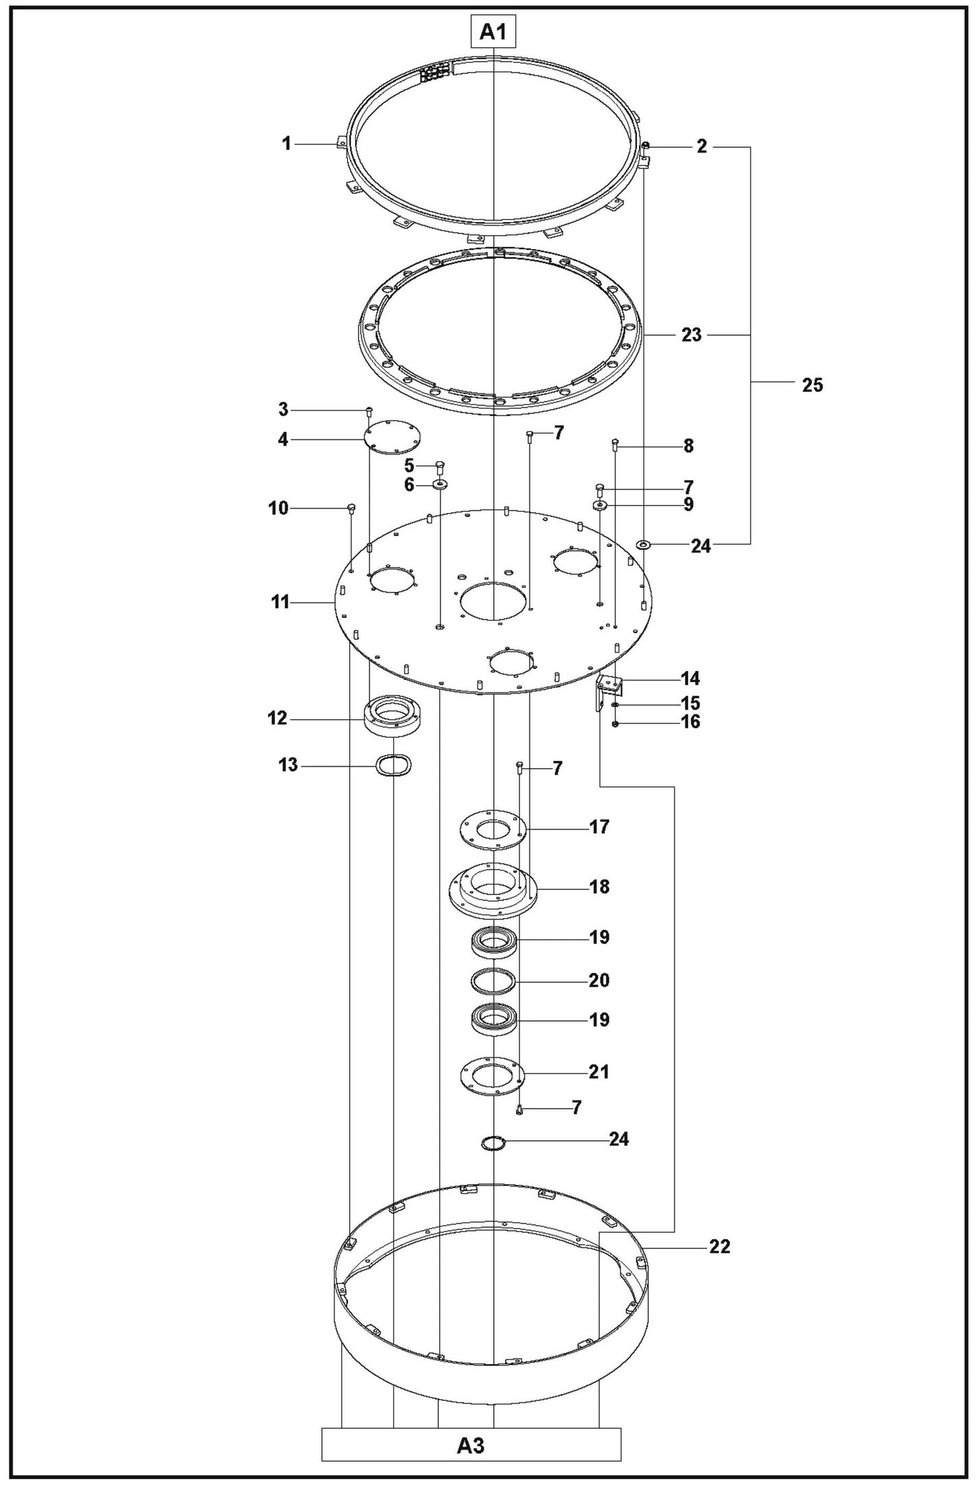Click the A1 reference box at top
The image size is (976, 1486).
[494, 32]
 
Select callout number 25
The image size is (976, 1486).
[813, 385]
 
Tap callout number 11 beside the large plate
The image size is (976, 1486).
[280, 602]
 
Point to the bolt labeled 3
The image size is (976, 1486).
[369, 411]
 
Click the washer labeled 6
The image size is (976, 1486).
[440, 484]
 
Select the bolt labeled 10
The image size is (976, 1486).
[351, 508]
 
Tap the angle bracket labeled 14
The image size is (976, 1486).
[610, 689]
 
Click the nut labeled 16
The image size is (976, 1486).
[615, 724]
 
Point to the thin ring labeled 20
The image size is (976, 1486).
[494, 980]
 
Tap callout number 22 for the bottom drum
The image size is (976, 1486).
[719, 1247]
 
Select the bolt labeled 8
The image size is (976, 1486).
[615, 444]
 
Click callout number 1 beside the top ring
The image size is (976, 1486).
[286, 144]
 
